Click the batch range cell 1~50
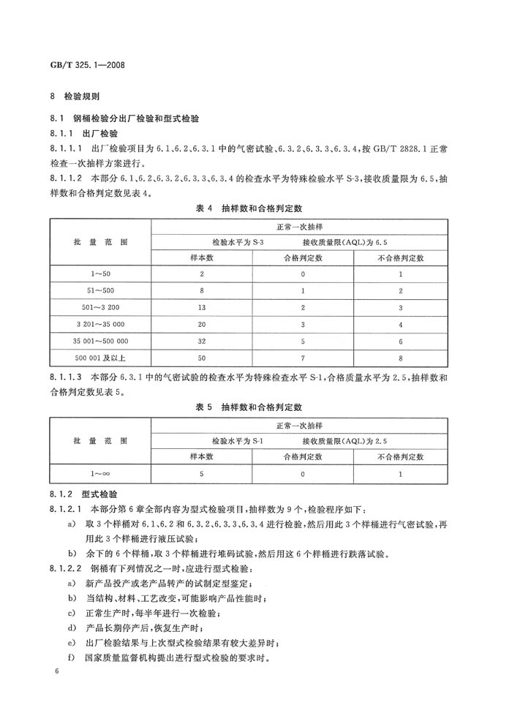(x=100, y=274)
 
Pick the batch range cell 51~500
(x=100, y=291)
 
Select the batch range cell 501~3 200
(x=100, y=308)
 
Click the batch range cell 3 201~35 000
(x=100, y=324)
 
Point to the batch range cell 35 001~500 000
(x=100, y=341)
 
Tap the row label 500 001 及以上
(x=100, y=358)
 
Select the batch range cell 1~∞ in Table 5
(x=100, y=473)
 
